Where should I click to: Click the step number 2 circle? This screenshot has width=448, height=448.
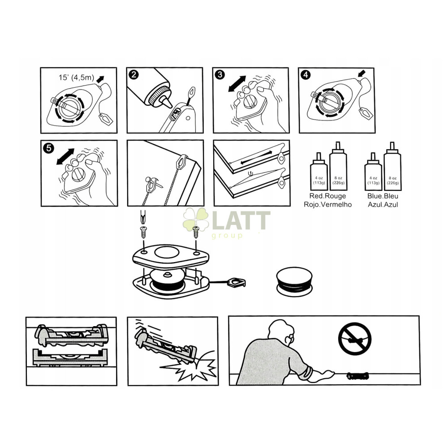click(134, 74)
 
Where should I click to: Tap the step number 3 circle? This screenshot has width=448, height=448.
click(220, 75)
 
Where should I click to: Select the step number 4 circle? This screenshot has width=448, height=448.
click(306, 75)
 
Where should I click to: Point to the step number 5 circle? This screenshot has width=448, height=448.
click(48, 148)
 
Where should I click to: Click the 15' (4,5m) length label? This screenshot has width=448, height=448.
click(76, 78)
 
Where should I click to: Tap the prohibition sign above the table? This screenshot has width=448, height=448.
click(354, 339)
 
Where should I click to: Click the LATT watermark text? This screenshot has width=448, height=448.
click(241, 220)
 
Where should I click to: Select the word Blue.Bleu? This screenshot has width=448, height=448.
click(383, 196)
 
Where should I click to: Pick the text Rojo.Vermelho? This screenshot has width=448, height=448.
click(328, 205)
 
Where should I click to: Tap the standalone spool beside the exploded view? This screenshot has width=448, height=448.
click(294, 281)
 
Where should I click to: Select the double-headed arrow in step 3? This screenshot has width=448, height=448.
click(237, 84)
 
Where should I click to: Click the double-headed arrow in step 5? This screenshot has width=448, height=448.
click(65, 156)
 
